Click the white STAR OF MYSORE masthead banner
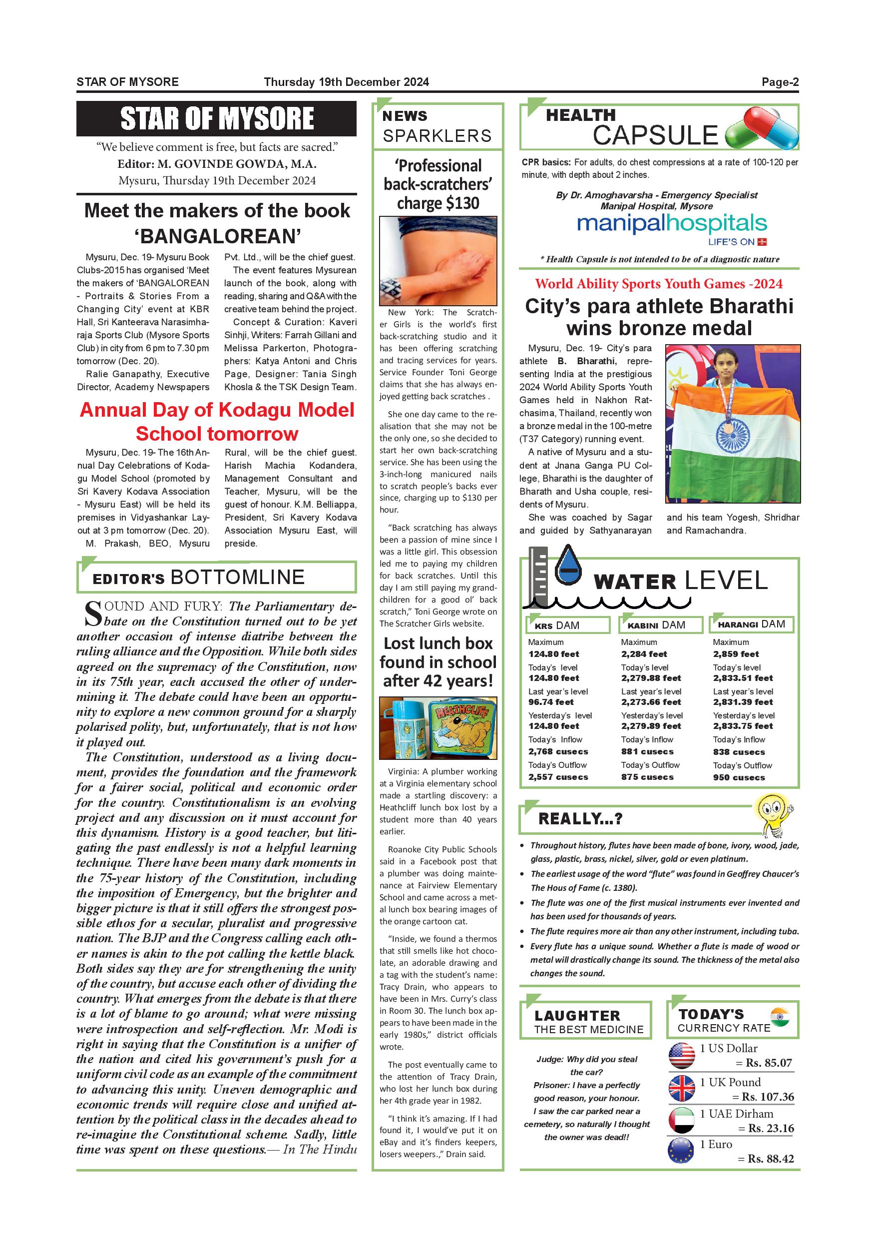216,119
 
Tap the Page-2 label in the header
780,82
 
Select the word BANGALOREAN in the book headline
217,236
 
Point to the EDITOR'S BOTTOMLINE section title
198,578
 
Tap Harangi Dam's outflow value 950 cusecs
739,777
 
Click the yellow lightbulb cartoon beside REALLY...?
773,812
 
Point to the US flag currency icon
682,1056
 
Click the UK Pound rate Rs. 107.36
768,1097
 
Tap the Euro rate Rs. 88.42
770,1159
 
